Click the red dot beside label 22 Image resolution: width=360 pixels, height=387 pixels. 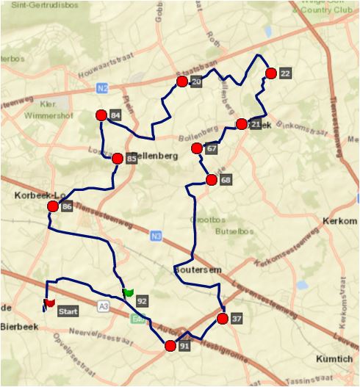click(271, 73)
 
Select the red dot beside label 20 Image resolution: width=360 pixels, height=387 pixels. click(181, 82)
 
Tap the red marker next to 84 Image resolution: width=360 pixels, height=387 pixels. click(101, 115)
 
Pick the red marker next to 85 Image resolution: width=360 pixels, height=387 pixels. click(117, 158)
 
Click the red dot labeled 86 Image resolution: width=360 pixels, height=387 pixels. click(53, 207)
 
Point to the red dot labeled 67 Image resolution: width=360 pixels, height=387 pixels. click(197, 149)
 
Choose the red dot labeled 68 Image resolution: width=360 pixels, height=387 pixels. click(211, 180)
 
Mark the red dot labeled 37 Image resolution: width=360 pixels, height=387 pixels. click(222, 319)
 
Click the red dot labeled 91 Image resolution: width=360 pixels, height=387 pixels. click(170, 345)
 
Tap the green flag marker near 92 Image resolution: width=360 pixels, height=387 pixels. click(128, 292)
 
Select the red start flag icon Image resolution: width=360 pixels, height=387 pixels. click(49, 302)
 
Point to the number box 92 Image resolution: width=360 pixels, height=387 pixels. click(142, 301)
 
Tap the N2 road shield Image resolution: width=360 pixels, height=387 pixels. click(101, 88)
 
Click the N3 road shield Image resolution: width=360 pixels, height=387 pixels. click(155, 236)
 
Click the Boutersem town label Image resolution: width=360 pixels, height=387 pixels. click(197, 270)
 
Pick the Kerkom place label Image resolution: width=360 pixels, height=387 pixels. click(339, 221)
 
